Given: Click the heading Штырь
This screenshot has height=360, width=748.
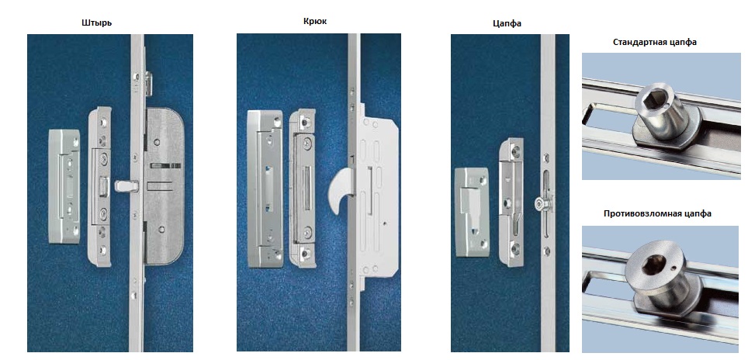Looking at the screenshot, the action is point(97,22).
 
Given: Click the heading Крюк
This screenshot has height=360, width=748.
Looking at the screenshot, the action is point(315,21).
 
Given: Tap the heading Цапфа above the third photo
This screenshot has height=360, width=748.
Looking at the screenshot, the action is point(507,22).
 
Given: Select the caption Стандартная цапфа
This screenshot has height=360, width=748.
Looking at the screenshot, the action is point(655,42).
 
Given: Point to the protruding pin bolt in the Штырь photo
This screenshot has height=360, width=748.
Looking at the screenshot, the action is point(126,185).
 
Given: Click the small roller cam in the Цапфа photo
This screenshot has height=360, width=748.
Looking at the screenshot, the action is point(543,203).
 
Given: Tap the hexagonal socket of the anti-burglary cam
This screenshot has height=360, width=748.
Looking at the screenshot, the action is point(651,265).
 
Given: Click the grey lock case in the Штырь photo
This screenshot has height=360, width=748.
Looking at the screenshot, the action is point(164,186).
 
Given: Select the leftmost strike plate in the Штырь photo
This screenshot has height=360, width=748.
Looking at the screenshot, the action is point(64,186).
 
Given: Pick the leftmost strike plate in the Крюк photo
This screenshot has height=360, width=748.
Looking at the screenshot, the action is point(265,189).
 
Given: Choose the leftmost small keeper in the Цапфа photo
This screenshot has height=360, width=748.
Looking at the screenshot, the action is point(472,212).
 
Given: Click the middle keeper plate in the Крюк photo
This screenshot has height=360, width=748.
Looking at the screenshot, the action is point(302,188).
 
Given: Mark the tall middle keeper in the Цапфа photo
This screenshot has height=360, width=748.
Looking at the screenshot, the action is point(511,202).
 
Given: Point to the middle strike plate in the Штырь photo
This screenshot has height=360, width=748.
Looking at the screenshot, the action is point(99,186).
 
